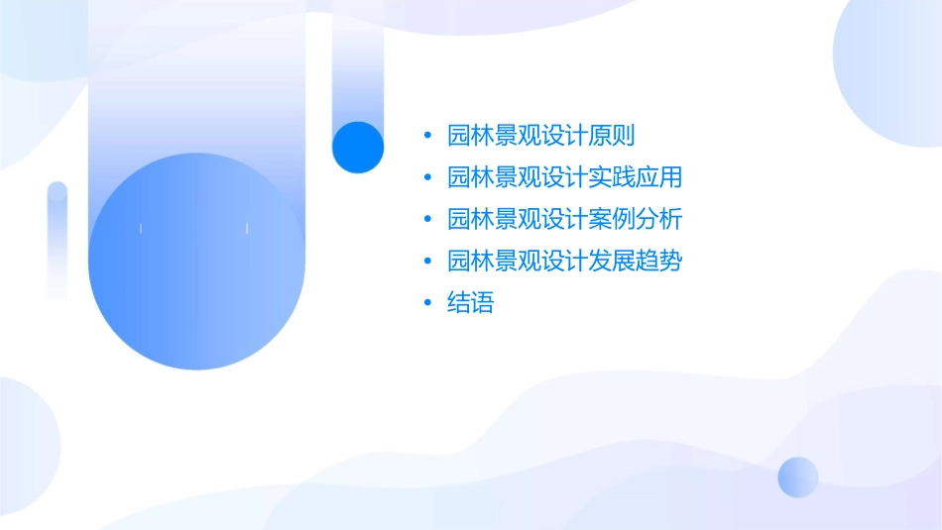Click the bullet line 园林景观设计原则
540,136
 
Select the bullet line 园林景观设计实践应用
564,178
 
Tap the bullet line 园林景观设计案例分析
564,220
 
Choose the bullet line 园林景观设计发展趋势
564,262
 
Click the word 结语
470,303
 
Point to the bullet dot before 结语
427,303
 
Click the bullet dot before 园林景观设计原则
427,136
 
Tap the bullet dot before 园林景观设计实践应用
427,178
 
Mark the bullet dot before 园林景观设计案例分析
427,220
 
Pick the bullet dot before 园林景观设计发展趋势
427,262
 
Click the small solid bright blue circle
358,147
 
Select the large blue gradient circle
196,262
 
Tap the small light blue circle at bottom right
798,477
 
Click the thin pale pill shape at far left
58,238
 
